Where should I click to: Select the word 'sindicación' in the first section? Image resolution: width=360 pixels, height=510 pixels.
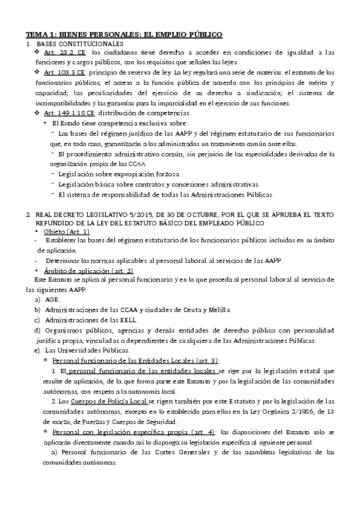(x=261, y=93)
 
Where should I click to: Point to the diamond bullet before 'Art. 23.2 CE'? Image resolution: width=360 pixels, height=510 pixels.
(x=38, y=54)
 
